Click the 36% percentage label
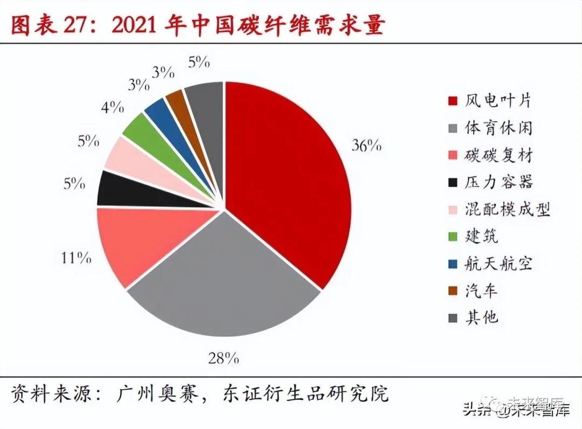tap(366, 146)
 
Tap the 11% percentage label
tap(76, 258)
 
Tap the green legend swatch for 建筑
tap(453, 237)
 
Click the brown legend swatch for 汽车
tap(453, 291)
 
